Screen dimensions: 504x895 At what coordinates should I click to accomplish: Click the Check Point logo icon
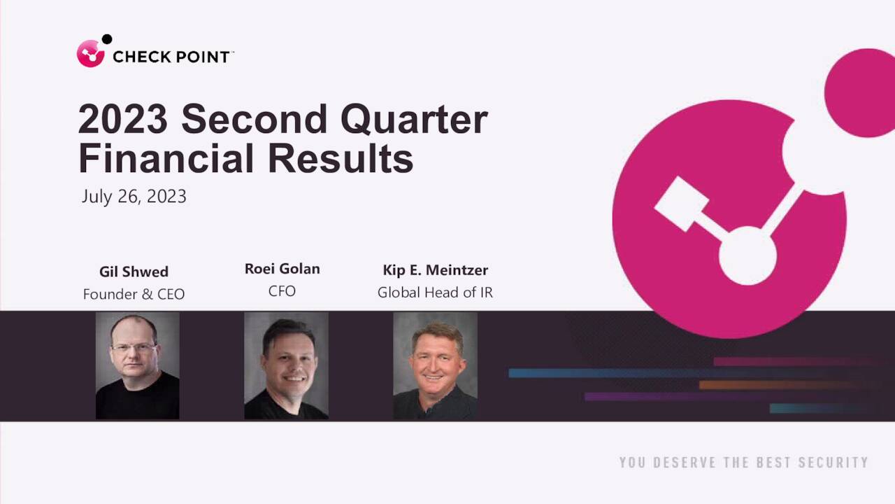click(x=91, y=54)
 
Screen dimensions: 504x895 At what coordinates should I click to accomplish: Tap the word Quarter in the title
click(x=414, y=120)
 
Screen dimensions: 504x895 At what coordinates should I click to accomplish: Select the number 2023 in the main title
click(x=122, y=120)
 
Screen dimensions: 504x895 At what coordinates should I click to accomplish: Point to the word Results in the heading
click(x=341, y=158)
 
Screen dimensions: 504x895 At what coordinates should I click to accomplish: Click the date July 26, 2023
click(x=134, y=196)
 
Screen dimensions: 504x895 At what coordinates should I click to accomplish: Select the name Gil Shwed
click(x=134, y=272)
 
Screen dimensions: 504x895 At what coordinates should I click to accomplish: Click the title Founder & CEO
click(x=134, y=294)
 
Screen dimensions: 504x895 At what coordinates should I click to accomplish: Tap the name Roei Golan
click(x=282, y=269)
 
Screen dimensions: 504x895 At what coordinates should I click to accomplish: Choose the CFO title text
click(x=282, y=291)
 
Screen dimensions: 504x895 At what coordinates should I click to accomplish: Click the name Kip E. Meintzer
click(x=435, y=270)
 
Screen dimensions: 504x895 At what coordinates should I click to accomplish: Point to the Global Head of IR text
click(x=435, y=293)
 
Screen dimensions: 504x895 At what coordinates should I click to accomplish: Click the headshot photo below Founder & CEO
click(x=137, y=365)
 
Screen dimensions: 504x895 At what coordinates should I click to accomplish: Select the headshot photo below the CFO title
click(x=286, y=365)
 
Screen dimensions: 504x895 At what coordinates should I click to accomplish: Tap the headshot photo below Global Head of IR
click(x=435, y=365)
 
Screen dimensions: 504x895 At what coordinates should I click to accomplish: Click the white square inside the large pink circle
click(x=680, y=204)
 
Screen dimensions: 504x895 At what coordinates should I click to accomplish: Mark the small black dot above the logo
click(x=107, y=39)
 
